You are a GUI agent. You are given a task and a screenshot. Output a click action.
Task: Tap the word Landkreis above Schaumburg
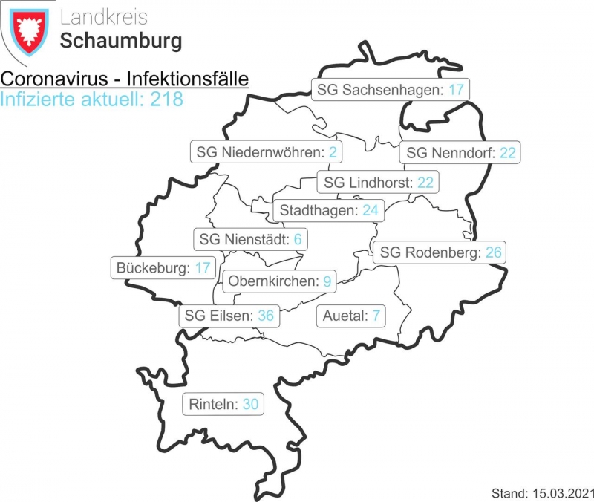(x=104, y=17)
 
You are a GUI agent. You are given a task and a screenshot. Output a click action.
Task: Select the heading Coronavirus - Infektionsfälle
(x=125, y=79)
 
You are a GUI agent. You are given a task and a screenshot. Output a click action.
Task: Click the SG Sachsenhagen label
(x=390, y=90)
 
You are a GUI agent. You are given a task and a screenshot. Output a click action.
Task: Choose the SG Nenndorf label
(x=459, y=153)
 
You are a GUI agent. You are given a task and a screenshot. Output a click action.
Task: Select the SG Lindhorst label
(x=379, y=182)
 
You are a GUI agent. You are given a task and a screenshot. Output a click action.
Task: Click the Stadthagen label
(x=329, y=210)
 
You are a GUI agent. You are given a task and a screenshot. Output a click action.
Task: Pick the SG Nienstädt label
(x=250, y=239)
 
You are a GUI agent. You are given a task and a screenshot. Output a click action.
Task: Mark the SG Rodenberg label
(x=441, y=252)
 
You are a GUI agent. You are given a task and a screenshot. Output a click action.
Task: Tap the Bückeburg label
(x=163, y=267)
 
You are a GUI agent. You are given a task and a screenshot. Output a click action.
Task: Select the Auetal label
(x=351, y=316)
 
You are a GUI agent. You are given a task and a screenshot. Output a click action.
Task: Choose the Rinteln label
(x=223, y=405)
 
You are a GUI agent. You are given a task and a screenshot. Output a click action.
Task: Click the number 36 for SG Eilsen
(x=266, y=316)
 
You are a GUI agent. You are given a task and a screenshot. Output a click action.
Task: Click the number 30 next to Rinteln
(x=250, y=405)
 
